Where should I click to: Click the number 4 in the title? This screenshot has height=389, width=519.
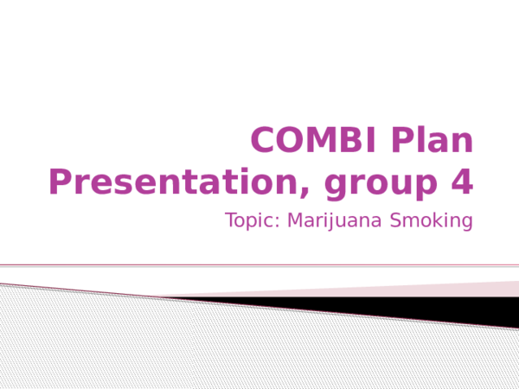coord(463,182)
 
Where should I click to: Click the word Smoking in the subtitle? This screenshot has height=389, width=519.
coord(432,221)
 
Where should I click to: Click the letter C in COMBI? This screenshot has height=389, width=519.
coord(263,140)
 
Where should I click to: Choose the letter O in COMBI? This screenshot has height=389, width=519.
coord(290,140)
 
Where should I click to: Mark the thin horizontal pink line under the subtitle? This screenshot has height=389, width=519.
coord(259,265)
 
